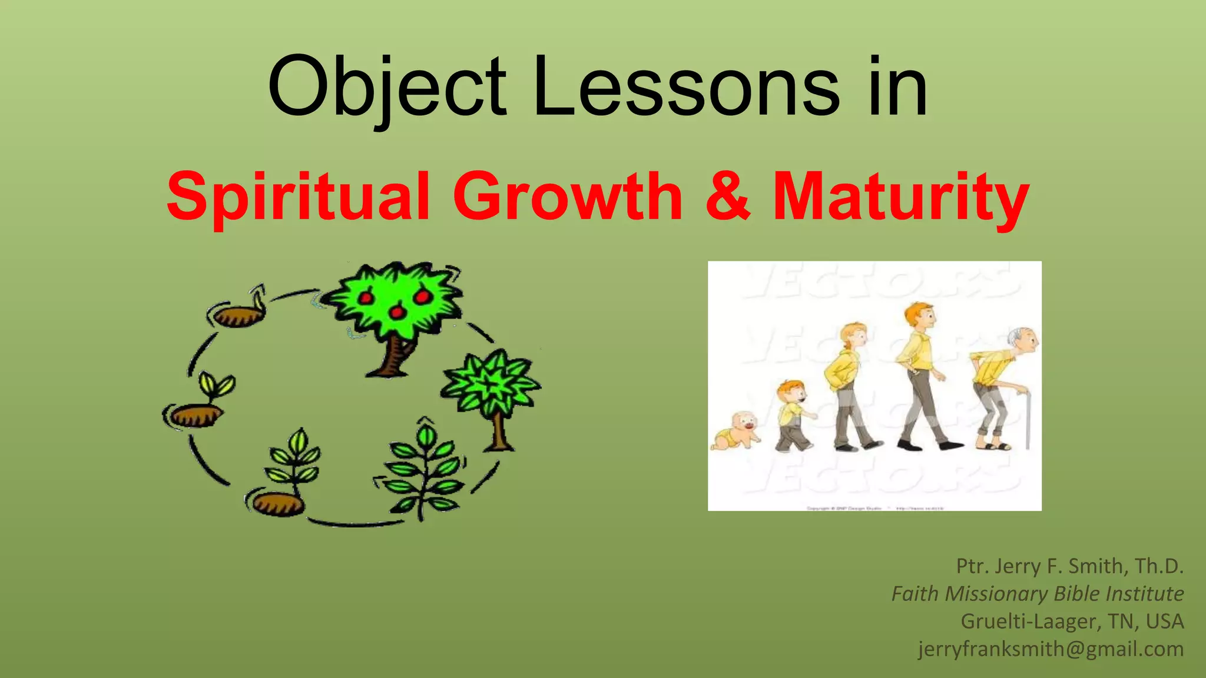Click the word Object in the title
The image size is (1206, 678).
coord(386,87)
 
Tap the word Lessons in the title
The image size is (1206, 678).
coord(686,87)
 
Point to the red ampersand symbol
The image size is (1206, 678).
coord(728,196)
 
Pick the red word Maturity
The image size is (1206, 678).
coord(900,196)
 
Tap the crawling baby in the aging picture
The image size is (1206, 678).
coord(736,433)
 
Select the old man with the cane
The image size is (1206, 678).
coord(1001,388)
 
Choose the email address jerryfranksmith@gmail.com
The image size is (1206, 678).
coord(1051,649)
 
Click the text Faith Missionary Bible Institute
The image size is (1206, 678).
coord(1037,593)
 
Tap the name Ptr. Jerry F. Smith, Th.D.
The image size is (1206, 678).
coord(1069,566)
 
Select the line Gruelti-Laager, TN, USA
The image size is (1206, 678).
coord(1072,621)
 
